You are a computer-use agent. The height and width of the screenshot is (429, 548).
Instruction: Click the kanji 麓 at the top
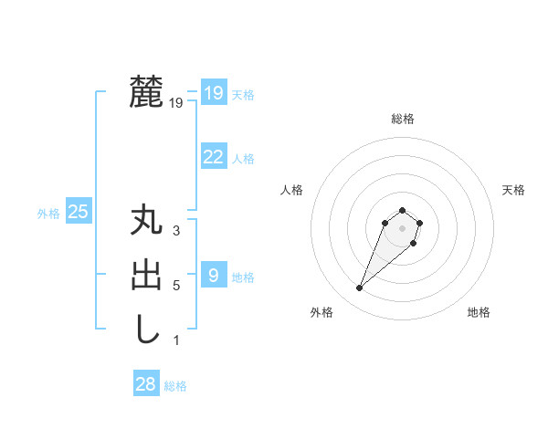click(x=146, y=92)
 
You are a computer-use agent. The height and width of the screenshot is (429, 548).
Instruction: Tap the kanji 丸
click(x=146, y=222)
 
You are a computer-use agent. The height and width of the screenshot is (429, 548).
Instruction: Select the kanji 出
click(x=146, y=276)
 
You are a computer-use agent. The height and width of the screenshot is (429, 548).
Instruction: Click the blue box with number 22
click(x=214, y=157)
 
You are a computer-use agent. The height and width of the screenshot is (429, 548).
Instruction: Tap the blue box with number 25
click(x=79, y=213)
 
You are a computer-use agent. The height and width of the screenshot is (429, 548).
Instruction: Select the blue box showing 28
click(x=146, y=384)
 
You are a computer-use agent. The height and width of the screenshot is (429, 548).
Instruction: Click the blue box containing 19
click(x=214, y=93)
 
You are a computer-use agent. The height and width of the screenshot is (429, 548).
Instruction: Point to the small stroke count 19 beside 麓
click(x=176, y=103)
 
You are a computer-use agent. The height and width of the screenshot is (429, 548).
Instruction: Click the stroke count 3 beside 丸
click(x=176, y=231)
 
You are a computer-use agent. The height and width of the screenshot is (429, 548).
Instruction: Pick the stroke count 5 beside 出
click(x=176, y=286)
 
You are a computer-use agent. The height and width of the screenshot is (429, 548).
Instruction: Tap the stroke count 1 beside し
click(x=176, y=340)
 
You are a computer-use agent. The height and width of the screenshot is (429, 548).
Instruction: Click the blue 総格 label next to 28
click(x=175, y=386)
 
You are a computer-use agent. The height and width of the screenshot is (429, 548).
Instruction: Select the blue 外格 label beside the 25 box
click(x=48, y=214)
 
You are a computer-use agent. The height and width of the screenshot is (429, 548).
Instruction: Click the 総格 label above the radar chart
click(x=402, y=119)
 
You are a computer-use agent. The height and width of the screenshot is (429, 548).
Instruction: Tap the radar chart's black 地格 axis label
click(x=479, y=313)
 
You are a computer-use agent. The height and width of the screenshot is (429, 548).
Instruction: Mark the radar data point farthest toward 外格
click(x=359, y=288)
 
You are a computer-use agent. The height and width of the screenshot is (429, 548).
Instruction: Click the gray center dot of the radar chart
click(x=402, y=227)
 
